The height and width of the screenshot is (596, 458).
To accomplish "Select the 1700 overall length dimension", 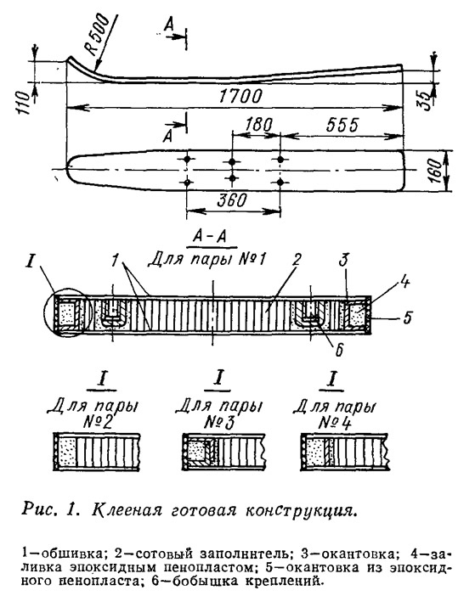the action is tap(240, 96).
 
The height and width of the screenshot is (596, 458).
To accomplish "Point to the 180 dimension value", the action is tap(259, 124).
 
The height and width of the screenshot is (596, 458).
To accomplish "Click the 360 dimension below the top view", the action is tap(232, 200).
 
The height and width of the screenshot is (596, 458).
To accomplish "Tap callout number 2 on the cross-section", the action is tap(297, 260).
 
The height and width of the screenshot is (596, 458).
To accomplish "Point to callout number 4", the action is tap(404, 282).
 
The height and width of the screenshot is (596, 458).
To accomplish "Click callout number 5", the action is tap(407, 317).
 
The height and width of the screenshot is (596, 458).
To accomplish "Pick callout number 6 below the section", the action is tap(339, 350).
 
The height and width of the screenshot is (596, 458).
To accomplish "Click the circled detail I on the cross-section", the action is tap(68, 315).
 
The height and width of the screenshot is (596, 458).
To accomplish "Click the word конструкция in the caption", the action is tap(301, 509).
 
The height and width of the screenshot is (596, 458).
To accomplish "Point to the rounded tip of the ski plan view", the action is tap(67, 169).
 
